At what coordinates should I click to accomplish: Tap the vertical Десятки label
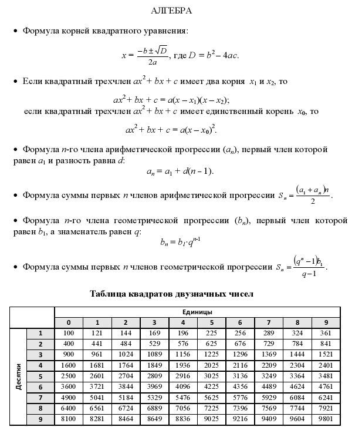coord(18,376)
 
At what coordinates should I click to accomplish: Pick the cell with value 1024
coord(126,355)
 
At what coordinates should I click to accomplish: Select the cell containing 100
coord(69,333)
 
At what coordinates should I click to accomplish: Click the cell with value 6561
coord(97,408)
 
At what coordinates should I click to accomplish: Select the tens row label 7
coord(40,398)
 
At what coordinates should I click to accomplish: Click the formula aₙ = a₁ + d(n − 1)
coord(180,172)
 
